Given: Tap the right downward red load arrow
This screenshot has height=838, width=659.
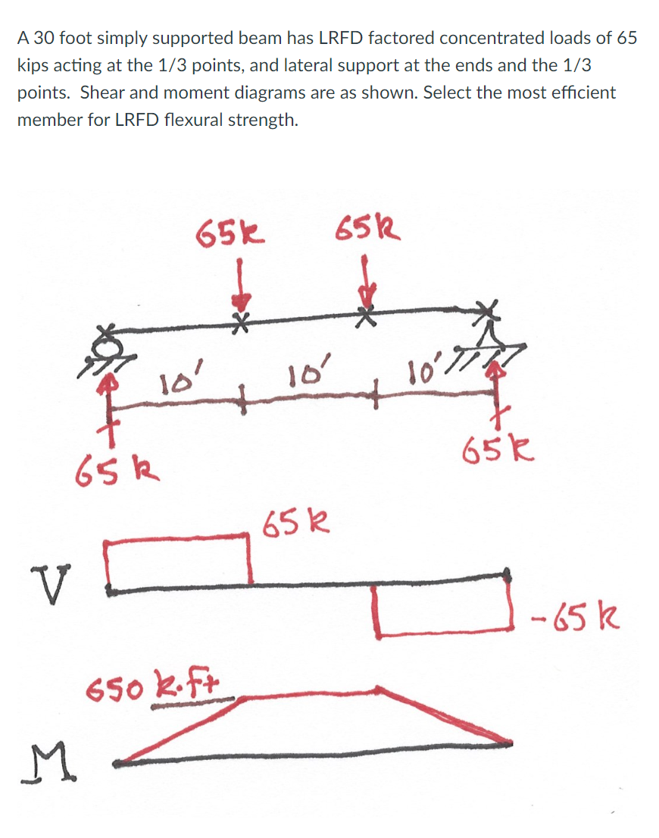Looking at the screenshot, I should pyautogui.click(x=367, y=282).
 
